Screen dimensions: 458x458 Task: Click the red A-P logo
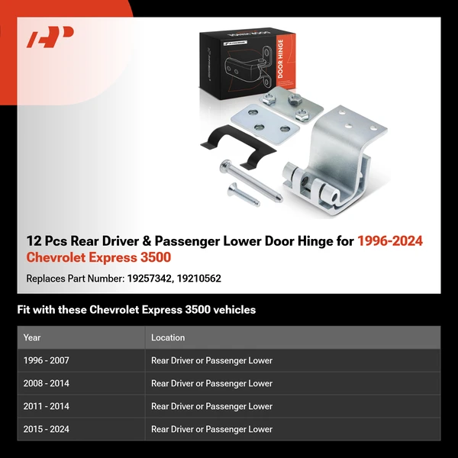[50, 37]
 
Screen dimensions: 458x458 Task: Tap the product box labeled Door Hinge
[244, 65]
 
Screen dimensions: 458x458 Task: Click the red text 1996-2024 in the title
[390, 241]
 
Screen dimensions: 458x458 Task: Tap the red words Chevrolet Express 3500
[98, 257]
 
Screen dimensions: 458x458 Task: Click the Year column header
[32, 337]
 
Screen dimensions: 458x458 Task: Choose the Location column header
[168, 337]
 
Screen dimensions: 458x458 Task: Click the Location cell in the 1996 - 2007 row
[211, 360]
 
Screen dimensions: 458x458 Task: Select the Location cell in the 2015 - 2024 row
[211, 429]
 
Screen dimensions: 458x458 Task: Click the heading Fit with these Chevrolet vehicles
[137, 310]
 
